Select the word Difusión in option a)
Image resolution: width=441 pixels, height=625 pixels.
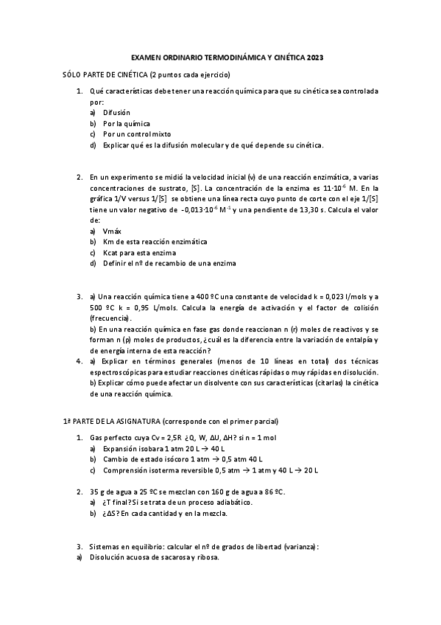116,113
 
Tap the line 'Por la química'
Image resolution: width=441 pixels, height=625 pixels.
127,123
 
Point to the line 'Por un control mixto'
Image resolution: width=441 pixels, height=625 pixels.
137,134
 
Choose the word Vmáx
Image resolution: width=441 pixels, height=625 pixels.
112,231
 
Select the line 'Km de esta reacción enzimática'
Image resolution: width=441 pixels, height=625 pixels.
155,241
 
